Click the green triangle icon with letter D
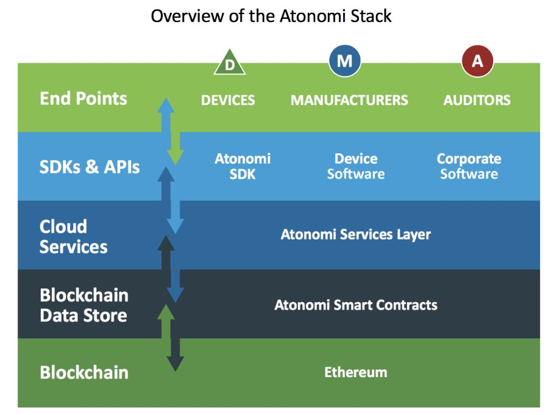point(230,62)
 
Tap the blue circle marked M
point(344,61)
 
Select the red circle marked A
point(477,61)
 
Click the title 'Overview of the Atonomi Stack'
point(271,16)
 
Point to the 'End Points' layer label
point(83,98)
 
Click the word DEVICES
point(228,100)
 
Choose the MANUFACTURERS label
point(349,100)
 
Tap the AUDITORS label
point(477,100)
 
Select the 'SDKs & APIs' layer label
point(90,167)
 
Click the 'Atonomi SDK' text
point(243,166)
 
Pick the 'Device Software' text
point(356,166)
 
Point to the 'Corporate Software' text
point(469,166)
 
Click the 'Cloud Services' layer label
point(74,236)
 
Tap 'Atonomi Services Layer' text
point(356,234)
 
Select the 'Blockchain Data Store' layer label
point(84,305)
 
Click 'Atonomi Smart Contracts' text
point(356,305)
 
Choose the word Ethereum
point(356,372)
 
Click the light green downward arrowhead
point(176,157)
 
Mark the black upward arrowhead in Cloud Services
point(166,244)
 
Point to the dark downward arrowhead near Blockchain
point(176,364)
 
